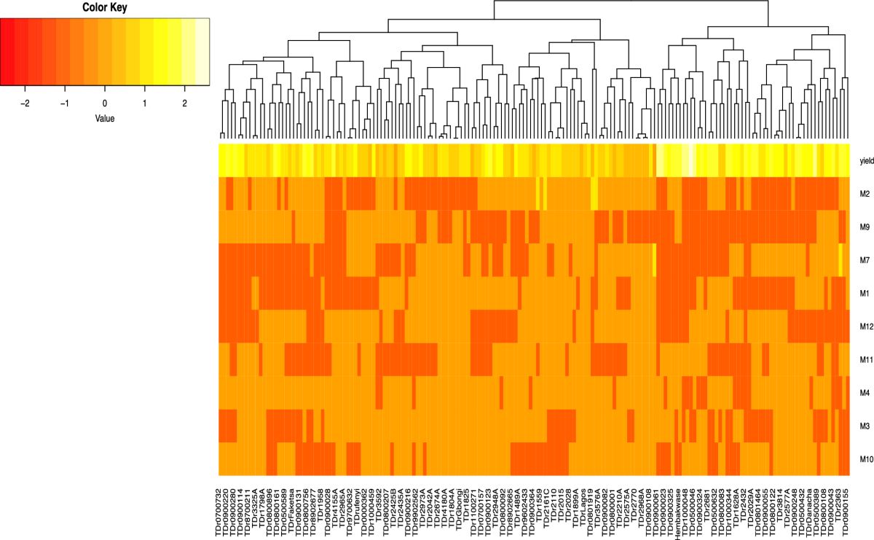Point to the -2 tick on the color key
26,103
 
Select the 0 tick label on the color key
105,103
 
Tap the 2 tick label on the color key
184,103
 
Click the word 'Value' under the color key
105,117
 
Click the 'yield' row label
866,161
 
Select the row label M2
865,194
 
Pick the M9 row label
865,227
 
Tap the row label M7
865,260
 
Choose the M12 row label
866,326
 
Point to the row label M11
866,359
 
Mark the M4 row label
865,393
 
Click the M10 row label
866,459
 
